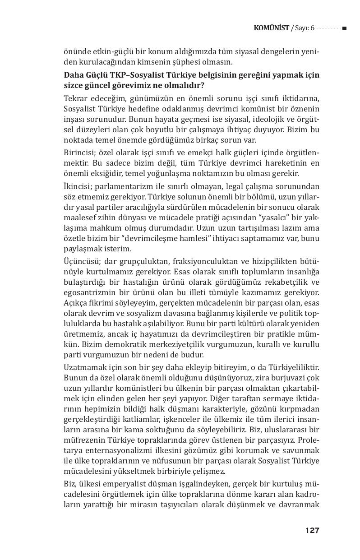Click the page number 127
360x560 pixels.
tap(312, 530)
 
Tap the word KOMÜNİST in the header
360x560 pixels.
tap(271, 28)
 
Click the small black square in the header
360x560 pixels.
tap(344, 28)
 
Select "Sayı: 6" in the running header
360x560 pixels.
tap(304, 28)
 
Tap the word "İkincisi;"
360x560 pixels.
tap(78, 186)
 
